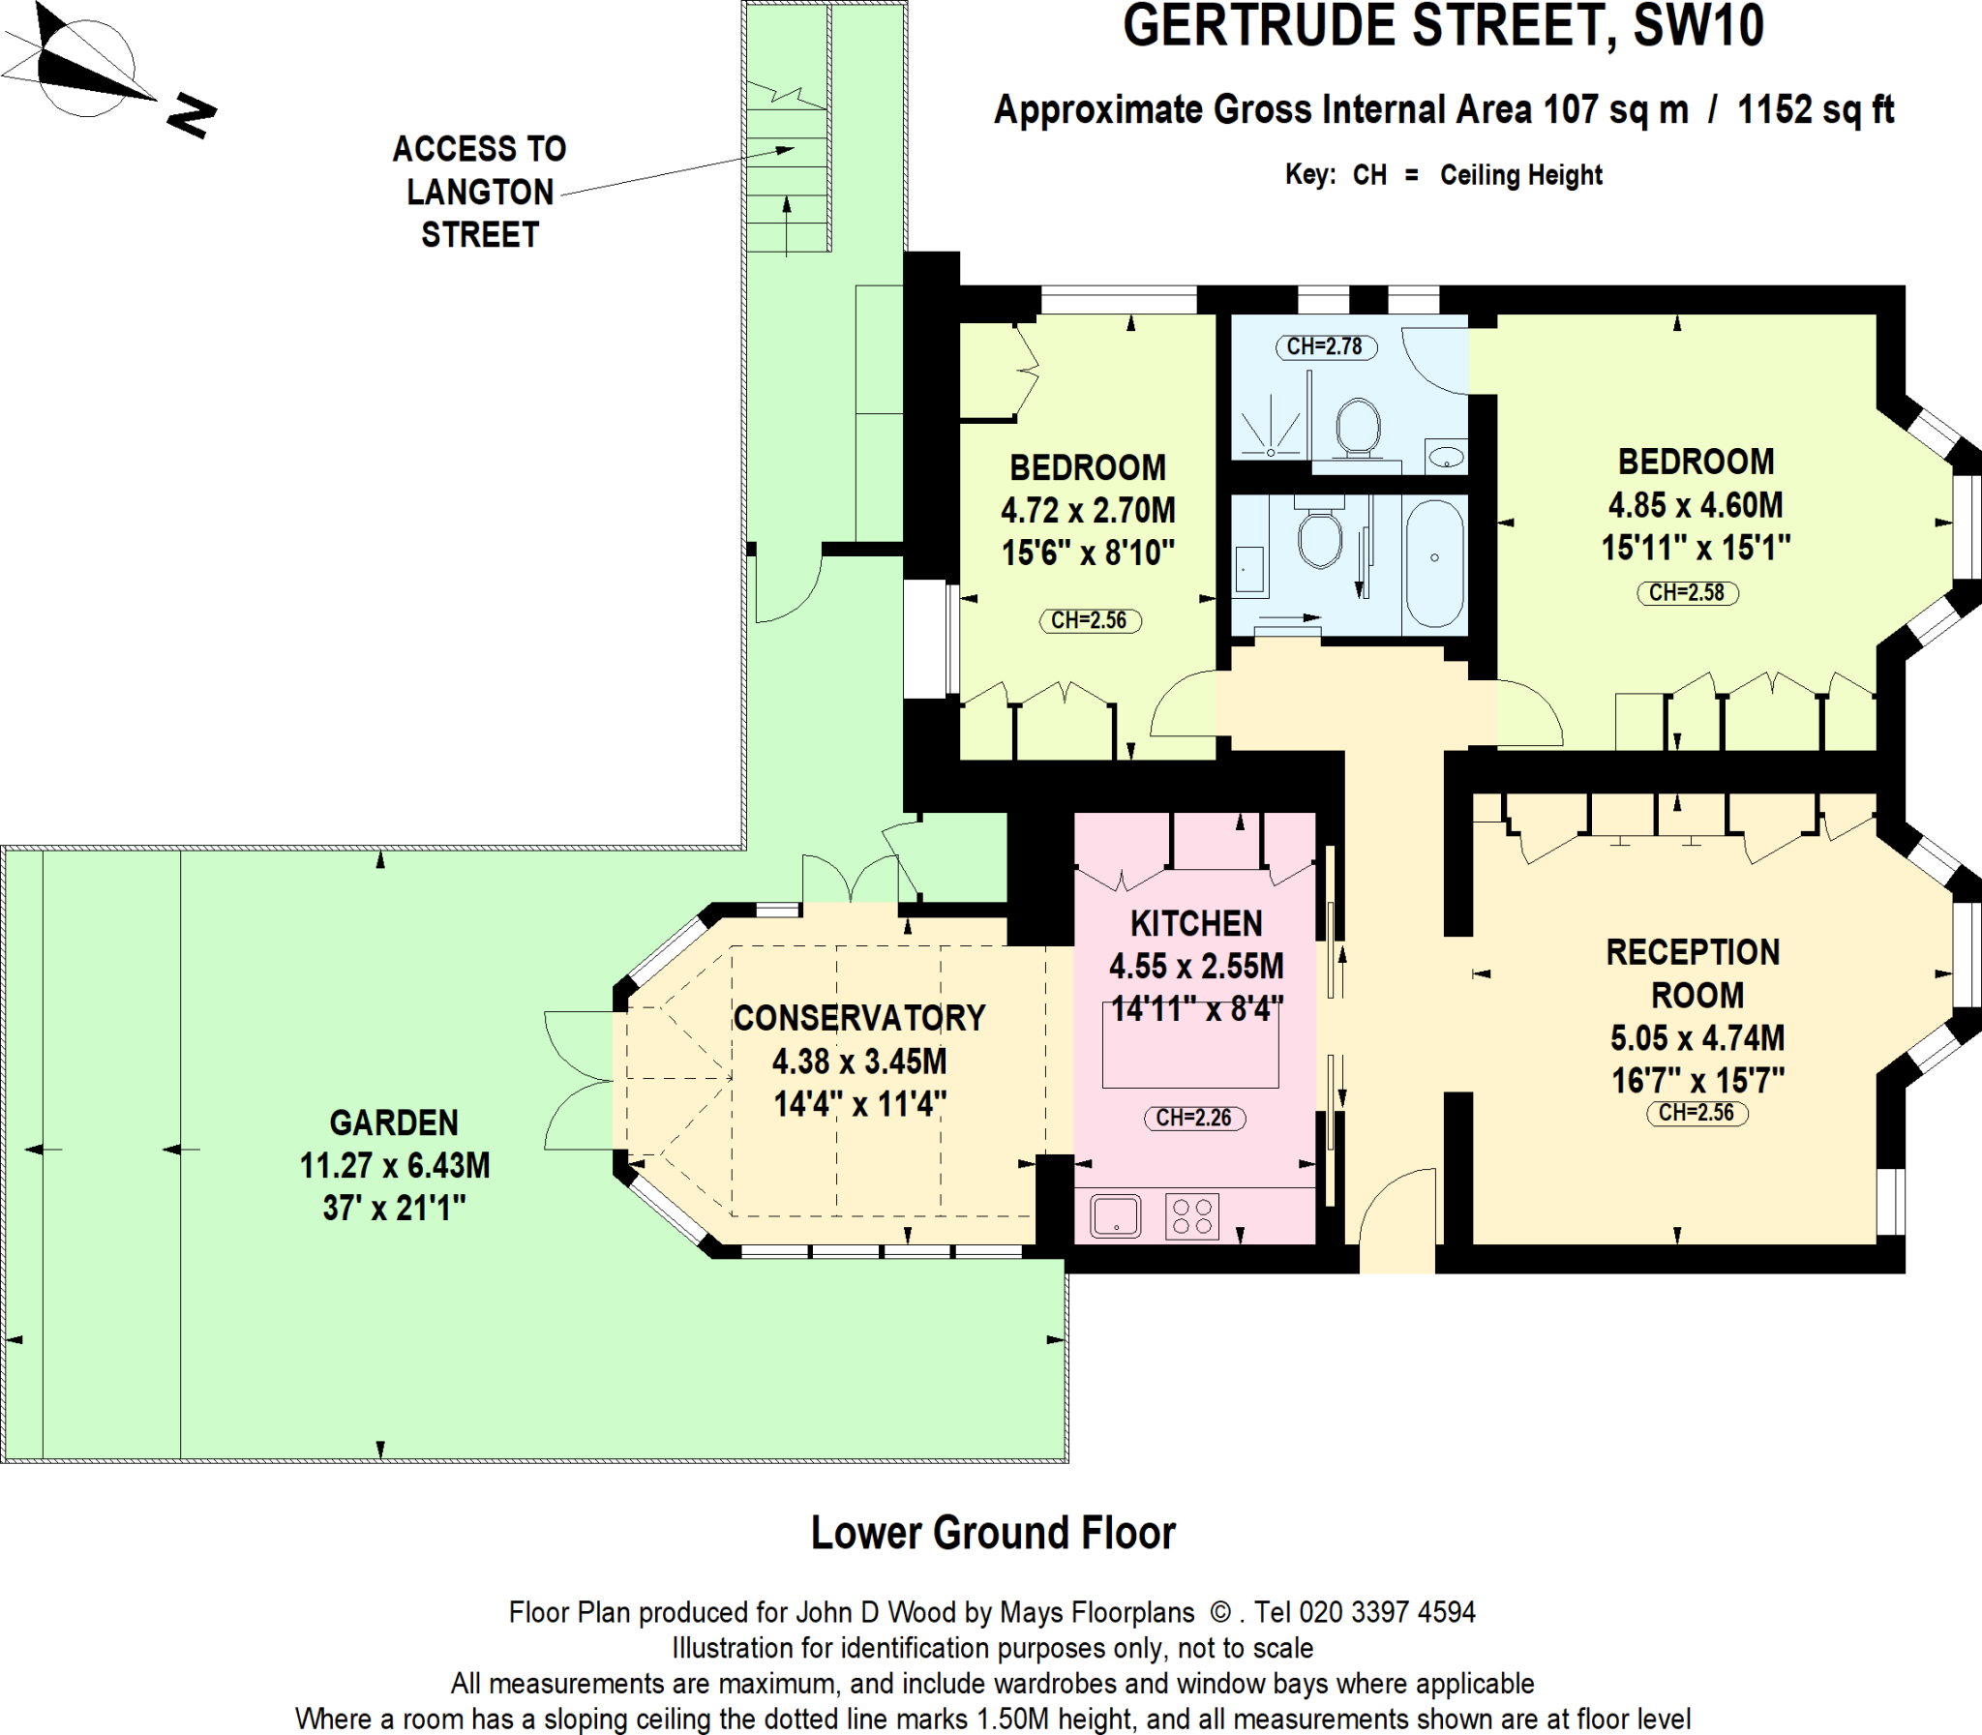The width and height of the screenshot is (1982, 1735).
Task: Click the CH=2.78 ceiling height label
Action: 1325,346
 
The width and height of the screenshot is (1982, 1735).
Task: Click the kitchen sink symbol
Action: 1116,1217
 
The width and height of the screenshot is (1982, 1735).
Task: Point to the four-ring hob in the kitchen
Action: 1192,1217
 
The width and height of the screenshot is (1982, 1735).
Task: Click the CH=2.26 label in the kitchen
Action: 1193,1118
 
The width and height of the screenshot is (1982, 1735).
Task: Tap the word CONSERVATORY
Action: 858,1019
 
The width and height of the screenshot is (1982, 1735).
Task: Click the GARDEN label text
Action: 393,1123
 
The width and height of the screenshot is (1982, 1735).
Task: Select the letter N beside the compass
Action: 191,115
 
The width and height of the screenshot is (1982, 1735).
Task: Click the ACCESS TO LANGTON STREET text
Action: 479,192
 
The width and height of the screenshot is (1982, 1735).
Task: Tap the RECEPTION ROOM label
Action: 1695,973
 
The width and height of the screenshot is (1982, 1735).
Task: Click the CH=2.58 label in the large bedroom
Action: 1687,592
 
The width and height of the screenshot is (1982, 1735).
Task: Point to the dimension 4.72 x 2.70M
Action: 1088,510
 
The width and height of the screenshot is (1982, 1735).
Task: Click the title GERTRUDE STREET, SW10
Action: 1443,27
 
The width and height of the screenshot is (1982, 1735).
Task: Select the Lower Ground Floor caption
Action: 993,1533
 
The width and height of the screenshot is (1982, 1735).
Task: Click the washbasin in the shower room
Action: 1446,455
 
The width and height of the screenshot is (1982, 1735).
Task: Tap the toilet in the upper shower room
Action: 1358,426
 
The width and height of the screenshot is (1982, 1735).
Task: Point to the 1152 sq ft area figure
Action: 1815,110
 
